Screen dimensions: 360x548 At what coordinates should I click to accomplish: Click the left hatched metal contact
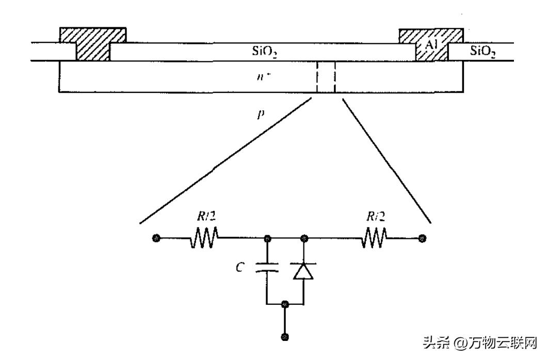click(x=93, y=44)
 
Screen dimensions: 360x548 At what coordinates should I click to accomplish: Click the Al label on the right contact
click(x=432, y=45)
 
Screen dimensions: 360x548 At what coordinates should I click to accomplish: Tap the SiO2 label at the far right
click(x=483, y=51)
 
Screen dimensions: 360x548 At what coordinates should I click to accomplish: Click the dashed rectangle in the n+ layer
click(x=326, y=77)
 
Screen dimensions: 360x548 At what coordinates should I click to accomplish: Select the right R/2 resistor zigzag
click(x=374, y=238)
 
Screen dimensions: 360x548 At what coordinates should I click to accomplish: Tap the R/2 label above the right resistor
click(x=375, y=217)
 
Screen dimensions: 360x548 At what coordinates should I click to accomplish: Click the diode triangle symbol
click(x=303, y=270)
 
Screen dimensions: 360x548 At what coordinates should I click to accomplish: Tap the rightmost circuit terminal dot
click(x=422, y=238)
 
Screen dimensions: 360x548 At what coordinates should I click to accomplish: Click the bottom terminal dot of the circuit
click(x=284, y=337)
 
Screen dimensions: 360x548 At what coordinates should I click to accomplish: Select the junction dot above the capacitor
click(x=267, y=238)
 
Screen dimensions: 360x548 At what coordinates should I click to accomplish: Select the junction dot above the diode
click(x=303, y=238)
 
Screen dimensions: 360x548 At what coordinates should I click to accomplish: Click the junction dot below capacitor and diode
click(x=284, y=304)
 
